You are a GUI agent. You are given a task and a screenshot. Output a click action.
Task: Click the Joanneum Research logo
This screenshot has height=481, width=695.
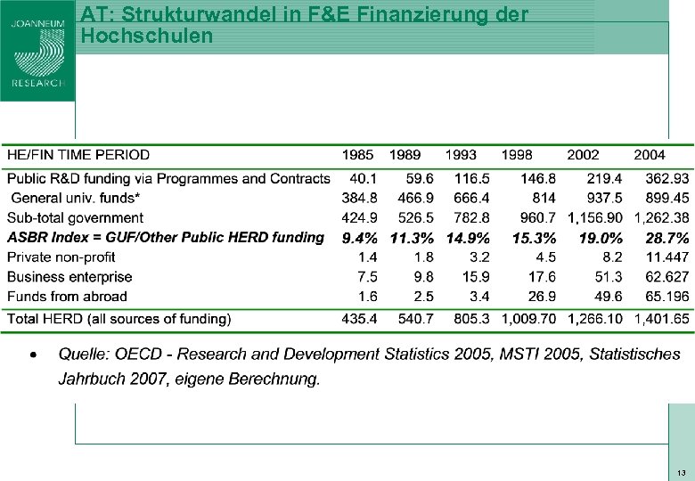click(x=37, y=51)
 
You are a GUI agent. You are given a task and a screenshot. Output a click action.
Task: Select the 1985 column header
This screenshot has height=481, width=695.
click(x=359, y=155)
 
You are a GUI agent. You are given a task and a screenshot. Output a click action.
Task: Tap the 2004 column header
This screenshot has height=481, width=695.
click(x=650, y=155)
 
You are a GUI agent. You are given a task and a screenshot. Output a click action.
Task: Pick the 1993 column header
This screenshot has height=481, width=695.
click(x=460, y=155)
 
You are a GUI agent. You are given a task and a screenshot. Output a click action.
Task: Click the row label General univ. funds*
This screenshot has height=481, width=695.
click(x=76, y=198)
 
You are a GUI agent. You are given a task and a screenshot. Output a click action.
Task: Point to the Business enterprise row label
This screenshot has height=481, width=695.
click(x=69, y=277)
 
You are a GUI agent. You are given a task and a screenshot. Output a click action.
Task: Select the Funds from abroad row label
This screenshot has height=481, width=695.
click(x=67, y=297)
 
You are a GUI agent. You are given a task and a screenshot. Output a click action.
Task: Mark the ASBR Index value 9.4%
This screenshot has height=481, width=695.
click(x=359, y=238)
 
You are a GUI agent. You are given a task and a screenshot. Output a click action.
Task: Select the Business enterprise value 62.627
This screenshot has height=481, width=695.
click(x=667, y=277)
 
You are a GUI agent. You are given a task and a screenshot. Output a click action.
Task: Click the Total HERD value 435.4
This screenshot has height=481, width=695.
click(x=360, y=318)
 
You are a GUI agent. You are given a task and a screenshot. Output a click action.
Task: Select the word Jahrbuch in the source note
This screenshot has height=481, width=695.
click(x=88, y=379)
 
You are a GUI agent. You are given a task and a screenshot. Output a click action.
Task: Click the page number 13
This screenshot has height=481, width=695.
click(x=681, y=472)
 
